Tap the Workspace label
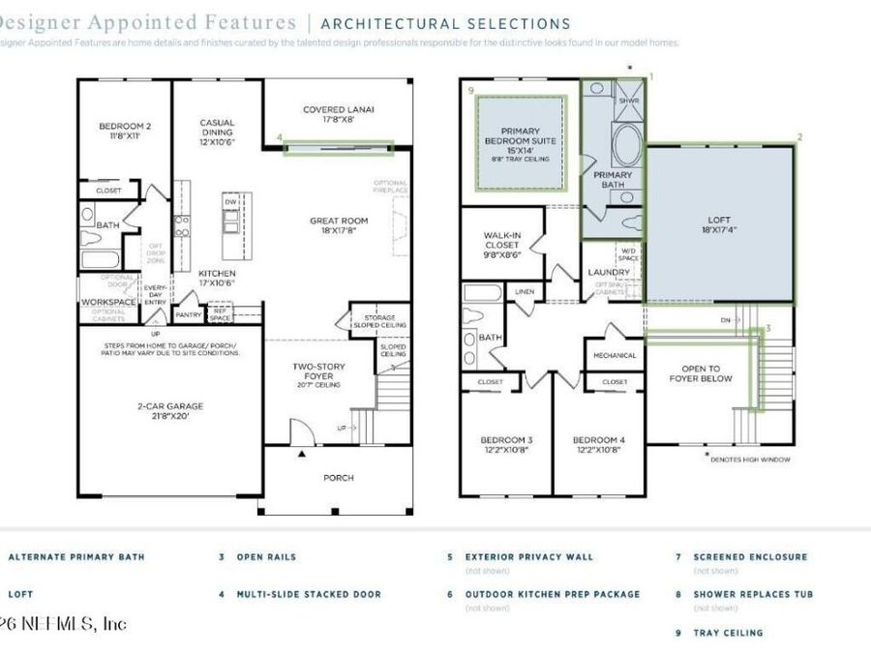pyautogui.click(x=108, y=302)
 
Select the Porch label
pyautogui.click(x=338, y=477)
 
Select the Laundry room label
pyautogui.click(x=609, y=272)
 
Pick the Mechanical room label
pyautogui.click(x=615, y=355)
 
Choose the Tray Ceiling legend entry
pyautogui.click(x=728, y=633)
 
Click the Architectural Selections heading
pyautogui.click(x=445, y=23)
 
